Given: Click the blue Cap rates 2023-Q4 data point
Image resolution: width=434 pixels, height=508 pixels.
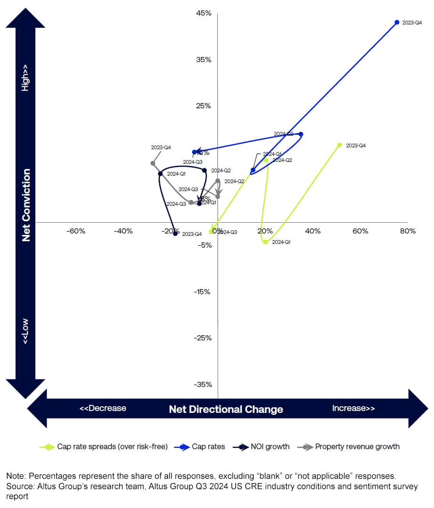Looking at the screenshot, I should pos(397,22).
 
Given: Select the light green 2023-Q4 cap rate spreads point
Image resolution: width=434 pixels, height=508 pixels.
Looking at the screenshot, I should pos(339,145).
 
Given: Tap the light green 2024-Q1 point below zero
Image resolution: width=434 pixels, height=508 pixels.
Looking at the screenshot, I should pos(265,242).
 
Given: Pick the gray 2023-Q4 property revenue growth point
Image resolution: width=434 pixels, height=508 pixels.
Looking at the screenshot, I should pos(153,163).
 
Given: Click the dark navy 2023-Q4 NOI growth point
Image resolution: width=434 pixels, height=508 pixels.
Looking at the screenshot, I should pos(175,234).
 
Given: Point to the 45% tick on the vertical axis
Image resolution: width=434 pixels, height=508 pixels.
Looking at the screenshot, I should pos(204,14).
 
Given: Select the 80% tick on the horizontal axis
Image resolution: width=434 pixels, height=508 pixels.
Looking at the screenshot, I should pos(408,231).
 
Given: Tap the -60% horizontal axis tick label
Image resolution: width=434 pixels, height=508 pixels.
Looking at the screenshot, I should pos(75,231).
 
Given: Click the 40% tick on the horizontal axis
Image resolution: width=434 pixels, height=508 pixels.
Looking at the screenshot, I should pos(313,231).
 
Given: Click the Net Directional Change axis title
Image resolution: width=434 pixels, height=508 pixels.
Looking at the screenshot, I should pos(226,409).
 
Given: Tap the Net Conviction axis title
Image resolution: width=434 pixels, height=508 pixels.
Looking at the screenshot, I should pos(26,205).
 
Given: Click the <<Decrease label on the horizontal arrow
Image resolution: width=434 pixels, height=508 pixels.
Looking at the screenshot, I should pos(103,408).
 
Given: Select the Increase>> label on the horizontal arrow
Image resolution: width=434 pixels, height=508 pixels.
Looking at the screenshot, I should pos(354,408).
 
